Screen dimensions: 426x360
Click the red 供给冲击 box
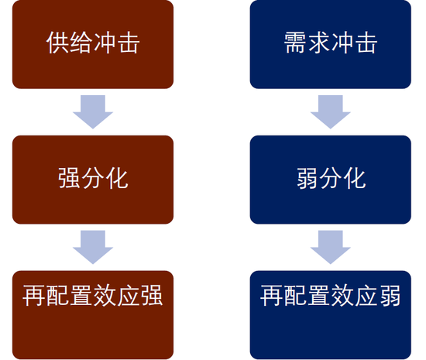(x=93, y=44)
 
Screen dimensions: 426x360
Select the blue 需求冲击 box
(x=331, y=44)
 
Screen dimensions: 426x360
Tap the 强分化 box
(x=93, y=180)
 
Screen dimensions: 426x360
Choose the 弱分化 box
(x=331, y=180)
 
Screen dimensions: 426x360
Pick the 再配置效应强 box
(x=93, y=315)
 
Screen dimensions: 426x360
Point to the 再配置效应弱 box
(x=331, y=315)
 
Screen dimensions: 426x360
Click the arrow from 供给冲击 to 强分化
(x=93, y=111)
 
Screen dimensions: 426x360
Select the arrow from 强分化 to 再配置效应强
(x=93, y=247)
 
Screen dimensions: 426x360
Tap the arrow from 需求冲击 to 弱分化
(x=331, y=111)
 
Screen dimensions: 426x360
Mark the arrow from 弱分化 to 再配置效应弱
(x=331, y=247)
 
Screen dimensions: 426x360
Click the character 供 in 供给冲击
(x=57, y=43)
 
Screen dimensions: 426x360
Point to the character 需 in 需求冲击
(x=295, y=43)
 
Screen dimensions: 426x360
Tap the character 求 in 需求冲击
(x=318, y=43)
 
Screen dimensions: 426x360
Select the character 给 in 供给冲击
(x=81, y=43)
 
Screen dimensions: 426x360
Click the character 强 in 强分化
(x=69, y=178)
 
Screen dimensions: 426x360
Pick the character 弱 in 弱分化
(x=307, y=178)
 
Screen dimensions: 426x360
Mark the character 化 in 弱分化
(x=354, y=178)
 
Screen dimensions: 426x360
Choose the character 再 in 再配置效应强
(x=33, y=296)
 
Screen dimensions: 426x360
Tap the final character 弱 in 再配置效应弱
(x=390, y=296)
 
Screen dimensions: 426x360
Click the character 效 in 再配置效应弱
(x=342, y=296)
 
